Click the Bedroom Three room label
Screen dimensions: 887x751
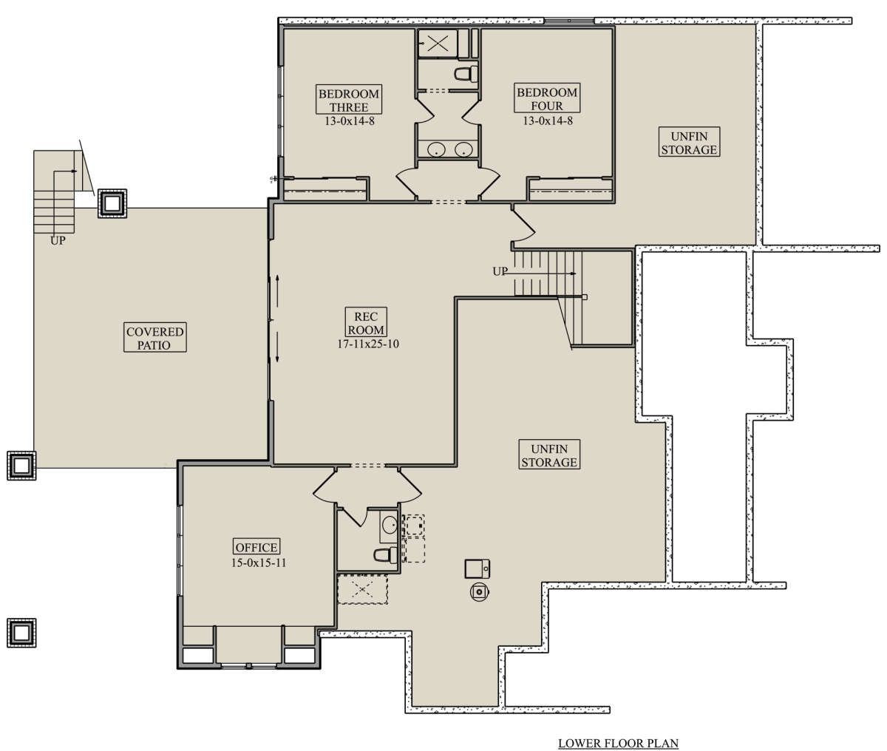(349, 100)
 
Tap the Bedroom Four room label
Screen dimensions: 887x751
(547, 99)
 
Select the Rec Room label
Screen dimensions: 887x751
(366, 322)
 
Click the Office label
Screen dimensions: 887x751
(256, 547)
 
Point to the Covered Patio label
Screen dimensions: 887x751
(155, 337)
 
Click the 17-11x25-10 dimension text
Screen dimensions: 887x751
(368, 344)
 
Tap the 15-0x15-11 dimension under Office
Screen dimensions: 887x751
(259, 563)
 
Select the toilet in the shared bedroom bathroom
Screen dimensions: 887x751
(466, 73)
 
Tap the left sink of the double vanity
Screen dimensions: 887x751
(437, 149)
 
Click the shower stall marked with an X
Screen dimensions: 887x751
(438, 44)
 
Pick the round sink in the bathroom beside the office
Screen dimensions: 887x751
(390, 524)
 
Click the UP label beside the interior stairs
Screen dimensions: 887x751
(500, 271)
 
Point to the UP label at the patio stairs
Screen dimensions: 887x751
(58, 241)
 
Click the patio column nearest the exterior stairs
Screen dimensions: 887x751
(112, 203)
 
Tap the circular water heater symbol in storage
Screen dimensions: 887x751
(479, 592)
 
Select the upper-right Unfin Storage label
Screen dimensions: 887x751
(689, 143)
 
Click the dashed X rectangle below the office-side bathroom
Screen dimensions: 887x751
(363, 589)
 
